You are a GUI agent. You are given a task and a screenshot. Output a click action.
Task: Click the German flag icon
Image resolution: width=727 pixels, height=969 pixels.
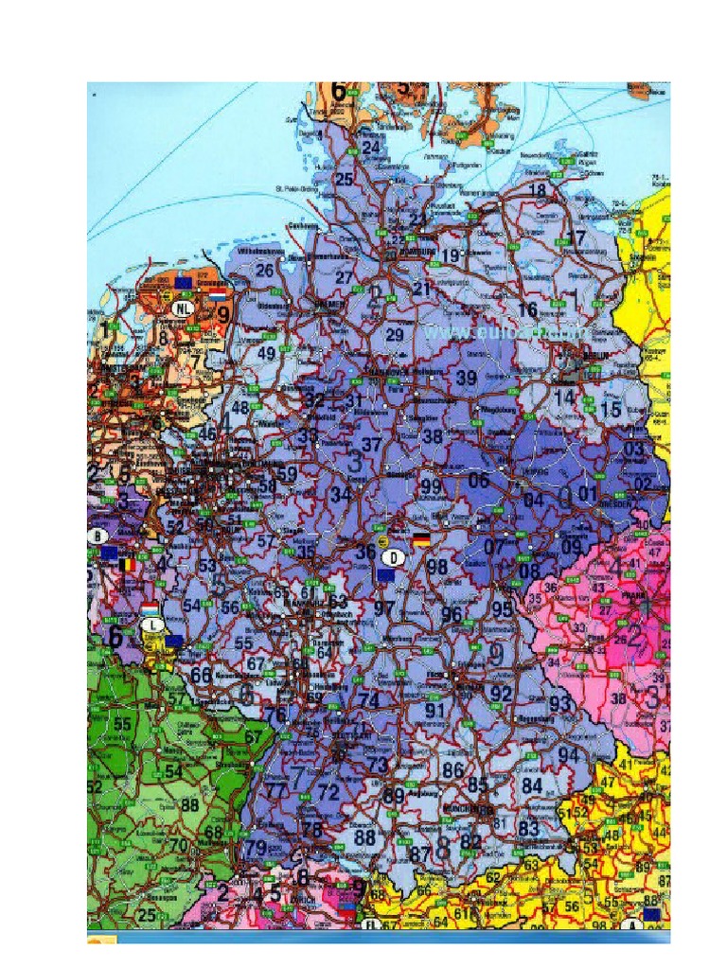pyautogui.click(x=419, y=539)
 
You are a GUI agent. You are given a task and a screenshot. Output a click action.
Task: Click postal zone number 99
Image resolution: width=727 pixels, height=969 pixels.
pyautogui.click(x=431, y=486)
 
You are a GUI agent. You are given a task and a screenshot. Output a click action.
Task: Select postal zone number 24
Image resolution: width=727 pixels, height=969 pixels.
pyautogui.click(x=371, y=148)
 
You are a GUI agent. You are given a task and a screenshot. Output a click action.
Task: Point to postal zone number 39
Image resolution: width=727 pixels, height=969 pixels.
pyautogui.click(x=467, y=378)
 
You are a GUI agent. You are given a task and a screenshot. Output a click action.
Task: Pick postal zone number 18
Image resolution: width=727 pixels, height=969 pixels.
pyautogui.click(x=537, y=191)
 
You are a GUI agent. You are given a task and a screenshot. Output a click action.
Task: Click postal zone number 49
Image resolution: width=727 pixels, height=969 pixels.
pyautogui.click(x=267, y=354)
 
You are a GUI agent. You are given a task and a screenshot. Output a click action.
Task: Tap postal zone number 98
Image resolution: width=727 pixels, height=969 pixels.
pyautogui.click(x=436, y=567)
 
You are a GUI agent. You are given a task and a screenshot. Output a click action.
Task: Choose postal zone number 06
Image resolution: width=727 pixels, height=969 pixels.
pyautogui.click(x=479, y=481)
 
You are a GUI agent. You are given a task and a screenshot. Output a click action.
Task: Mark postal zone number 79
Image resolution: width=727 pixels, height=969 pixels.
pyautogui.click(x=255, y=848)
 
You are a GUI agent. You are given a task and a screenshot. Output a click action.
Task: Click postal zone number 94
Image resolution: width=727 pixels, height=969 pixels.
pyautogui.click(x=568, y=755)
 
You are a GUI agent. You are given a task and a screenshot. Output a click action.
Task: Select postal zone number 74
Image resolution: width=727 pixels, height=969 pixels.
pyautogui.click(x=369, y=700)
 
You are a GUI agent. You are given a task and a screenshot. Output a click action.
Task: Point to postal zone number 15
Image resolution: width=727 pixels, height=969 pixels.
pyautogui.click(x=611, y=410)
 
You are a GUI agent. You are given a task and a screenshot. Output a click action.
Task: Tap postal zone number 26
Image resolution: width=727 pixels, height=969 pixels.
pyautogui.click(x=265, y=271)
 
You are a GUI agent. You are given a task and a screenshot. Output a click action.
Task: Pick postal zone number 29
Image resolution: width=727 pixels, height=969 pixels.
pyautogui.click(x=395, y=335)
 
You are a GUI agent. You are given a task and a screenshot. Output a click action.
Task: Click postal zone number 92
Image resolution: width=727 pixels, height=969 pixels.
pyautogui.click(x=501, y=694)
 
